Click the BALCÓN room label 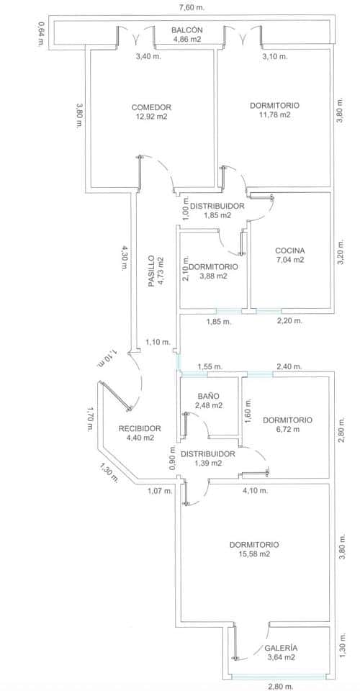point(186,30)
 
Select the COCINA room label point(289,250)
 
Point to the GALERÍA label point(281,648)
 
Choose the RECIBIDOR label point(140,428)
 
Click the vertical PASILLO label point(151,271)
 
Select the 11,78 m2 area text point(274,115)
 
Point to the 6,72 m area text point(287,429)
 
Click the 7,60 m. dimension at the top point(192,7)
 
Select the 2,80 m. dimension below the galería point(281,687)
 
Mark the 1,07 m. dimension point(159,491)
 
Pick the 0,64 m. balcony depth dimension point(41,35)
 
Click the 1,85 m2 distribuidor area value point(217,215)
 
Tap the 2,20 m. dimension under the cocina point(289,321)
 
